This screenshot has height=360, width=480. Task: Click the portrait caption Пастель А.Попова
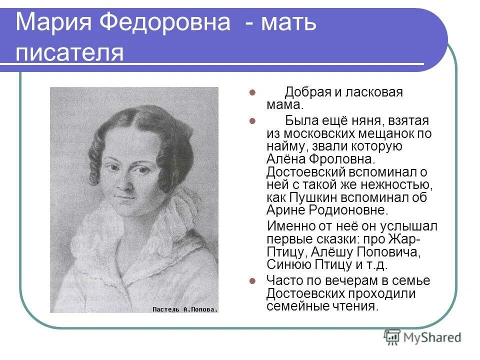pyautogui.click(x=185, y=309)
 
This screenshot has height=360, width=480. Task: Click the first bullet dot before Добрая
pyautogui.click(x=252, y=93)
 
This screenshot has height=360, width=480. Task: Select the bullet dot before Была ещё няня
pyautogui.click(x=252, y=121)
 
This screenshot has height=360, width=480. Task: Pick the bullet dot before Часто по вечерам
pyautogui.click(x=252, y=281)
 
